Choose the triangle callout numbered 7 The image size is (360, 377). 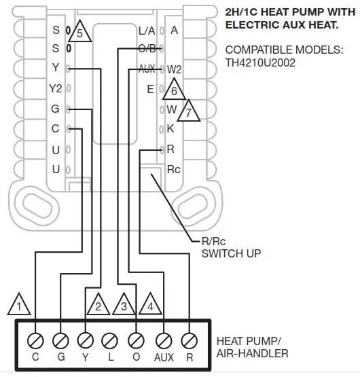190,109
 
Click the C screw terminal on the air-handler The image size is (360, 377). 35,338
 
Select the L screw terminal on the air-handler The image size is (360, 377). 111,338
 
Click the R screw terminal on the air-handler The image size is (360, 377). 190,338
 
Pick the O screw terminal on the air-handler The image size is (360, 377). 137,338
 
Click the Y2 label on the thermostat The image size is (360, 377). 55,89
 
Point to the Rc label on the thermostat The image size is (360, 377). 174,168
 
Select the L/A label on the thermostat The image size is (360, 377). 147,31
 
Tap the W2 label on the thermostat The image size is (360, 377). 174,69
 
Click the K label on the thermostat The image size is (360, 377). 170,128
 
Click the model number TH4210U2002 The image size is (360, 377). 262,62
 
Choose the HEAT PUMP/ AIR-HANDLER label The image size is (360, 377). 251,346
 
